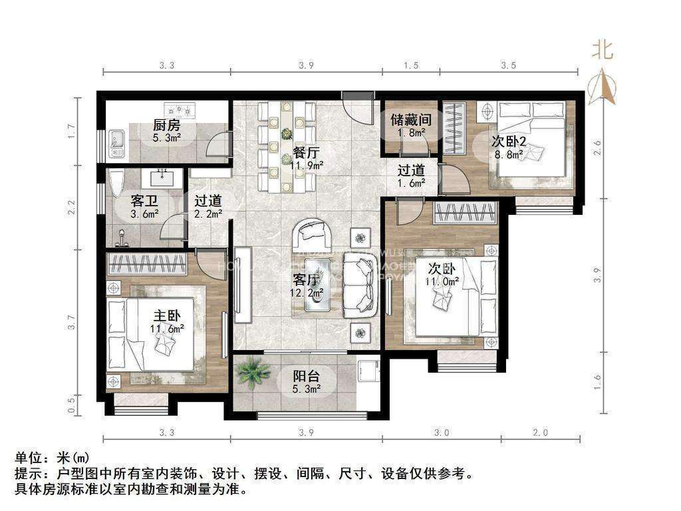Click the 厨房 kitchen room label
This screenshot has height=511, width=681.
pyautogui.click(x=166, y=125)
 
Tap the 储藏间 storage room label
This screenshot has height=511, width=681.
pyautogui.click(x=411, y=120)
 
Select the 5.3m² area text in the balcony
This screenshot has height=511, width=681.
pyautogui.click(x=307, y=389)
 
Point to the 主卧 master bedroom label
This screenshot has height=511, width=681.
pyautogui.click(x=166, y=315)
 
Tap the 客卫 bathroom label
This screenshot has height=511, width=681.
pyautogui.click(x=144, y=200)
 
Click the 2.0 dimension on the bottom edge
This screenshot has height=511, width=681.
pyautogui.click(x=540, y=432)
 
